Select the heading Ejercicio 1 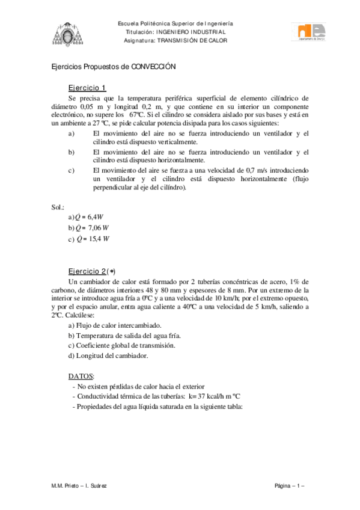pos(87,87)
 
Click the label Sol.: pos(58,206)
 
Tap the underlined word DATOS pos(81,375)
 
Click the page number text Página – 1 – pos(290,485)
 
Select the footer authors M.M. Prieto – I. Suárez pos(79,485)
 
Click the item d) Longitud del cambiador pos(108,355)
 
